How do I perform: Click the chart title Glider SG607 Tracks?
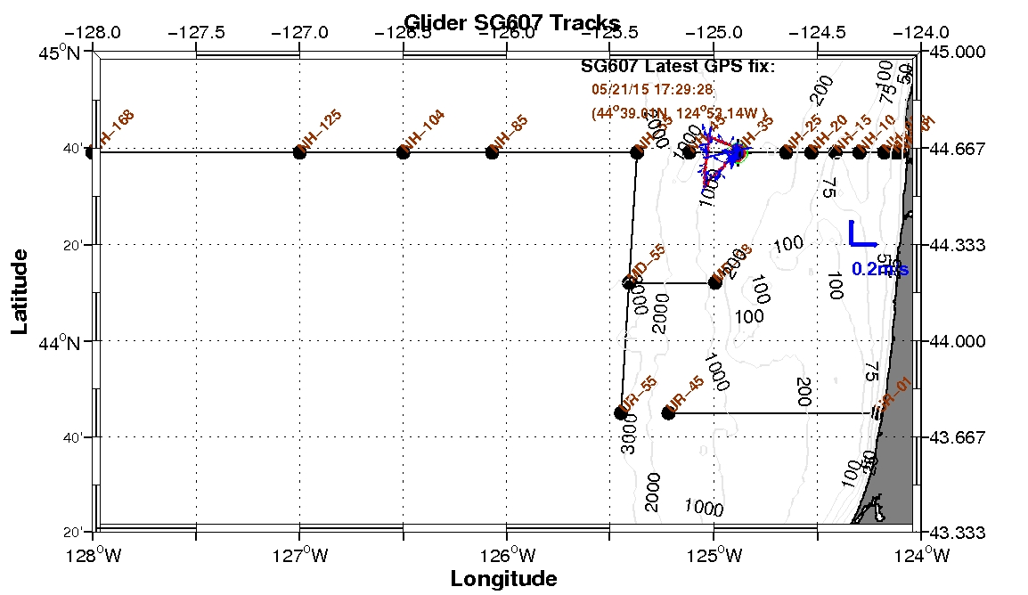tap(511, 22)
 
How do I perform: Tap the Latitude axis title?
tap(20, 291)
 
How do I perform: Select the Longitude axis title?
tap(503, 579)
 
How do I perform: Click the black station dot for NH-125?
tap(299, 152)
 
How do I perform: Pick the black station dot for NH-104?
tap(403, 152)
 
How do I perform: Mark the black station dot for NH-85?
tap(492, 152)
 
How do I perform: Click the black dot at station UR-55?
tap(620, 412)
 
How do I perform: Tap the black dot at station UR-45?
tap(669, 412)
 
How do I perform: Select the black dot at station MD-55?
tap(629, 283)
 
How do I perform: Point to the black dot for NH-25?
tap(786, 152)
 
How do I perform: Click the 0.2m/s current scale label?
tap(879, 268)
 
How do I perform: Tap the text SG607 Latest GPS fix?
tap(678, 67)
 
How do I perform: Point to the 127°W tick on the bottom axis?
tap(298, 558)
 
